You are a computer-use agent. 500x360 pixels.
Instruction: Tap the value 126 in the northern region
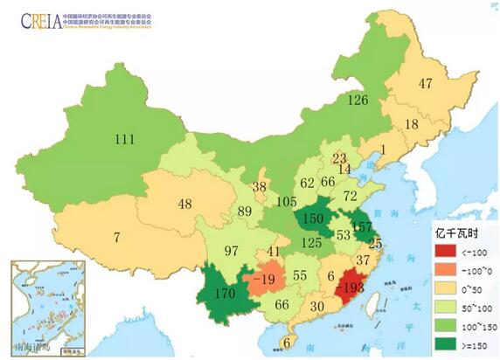coord(359,100)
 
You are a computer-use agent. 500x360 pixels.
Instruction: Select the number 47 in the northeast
coord(426,84)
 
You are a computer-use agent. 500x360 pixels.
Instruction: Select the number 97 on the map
coord(231,252)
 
